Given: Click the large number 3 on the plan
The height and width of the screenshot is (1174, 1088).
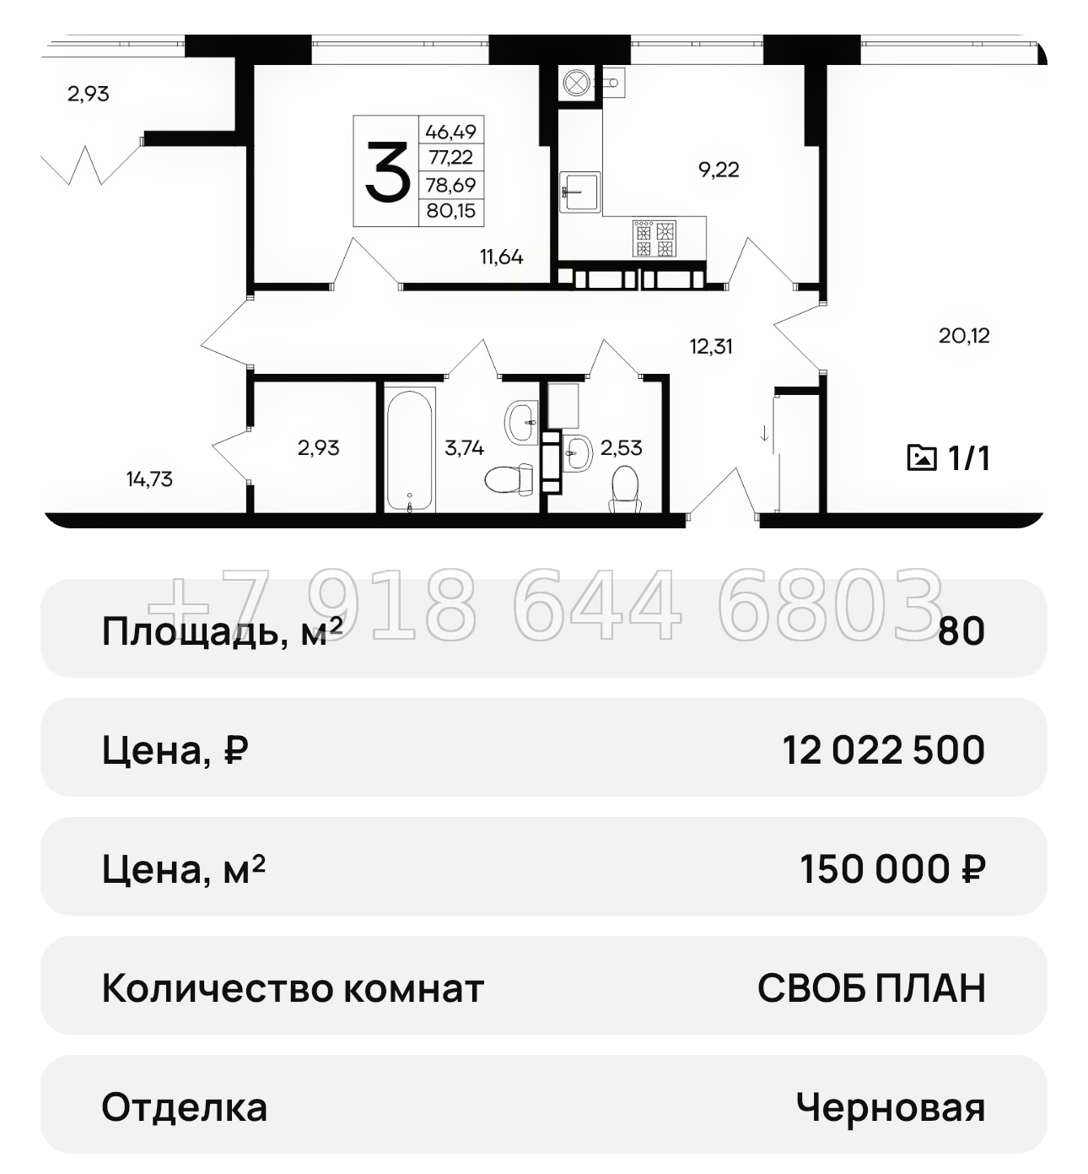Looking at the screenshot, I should (x=386, y=170).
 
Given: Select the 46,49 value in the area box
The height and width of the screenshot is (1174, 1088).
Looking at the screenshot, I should (x=450, y=132).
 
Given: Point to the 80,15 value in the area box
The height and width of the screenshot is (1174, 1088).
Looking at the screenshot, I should (x=450, y=211).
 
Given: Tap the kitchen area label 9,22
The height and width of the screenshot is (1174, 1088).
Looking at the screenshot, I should (x=719, y=170).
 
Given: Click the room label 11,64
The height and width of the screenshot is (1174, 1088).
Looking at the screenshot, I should (x=501, y=257).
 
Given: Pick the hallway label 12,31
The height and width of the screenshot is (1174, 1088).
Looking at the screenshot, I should (x=711, y=346).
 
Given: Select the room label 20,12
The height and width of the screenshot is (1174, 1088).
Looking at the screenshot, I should (x=964, y=336).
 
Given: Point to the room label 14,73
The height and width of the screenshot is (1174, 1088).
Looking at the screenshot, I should (x=149, y=479).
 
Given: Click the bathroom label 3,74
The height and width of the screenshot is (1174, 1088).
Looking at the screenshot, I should (x=464, y=448).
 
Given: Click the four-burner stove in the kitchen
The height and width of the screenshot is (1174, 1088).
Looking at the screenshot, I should (x=654, y=238).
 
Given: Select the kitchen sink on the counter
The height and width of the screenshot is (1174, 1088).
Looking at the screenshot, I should (x=580, y=192).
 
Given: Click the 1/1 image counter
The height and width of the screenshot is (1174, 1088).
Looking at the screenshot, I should (x=949, y=458).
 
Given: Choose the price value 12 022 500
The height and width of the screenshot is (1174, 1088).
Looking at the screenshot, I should (x=883, y=749).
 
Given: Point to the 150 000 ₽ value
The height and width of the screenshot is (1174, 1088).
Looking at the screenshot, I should (x=892, y=868).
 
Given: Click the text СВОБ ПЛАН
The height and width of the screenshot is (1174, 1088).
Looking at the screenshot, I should (x=871, y=987).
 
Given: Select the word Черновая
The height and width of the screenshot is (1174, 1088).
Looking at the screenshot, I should (x=890, y=1107).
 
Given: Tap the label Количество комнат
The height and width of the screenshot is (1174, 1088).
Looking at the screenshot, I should (x=293, y=987).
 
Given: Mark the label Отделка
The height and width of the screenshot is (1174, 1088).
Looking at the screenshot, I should (x=184, y=1107).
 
